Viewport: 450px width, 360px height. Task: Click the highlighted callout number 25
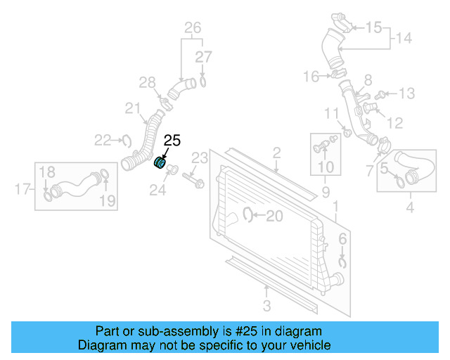click(172, 141)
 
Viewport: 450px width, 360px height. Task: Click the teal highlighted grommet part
click(160, 164)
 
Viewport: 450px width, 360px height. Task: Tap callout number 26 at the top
click(193, 28)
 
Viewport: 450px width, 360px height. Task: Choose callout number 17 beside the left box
click(22, 188)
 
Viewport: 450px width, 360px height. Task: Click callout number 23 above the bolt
click(200, 157)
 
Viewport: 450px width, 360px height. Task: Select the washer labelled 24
click(174, 171)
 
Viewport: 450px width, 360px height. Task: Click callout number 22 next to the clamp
click(103, 140)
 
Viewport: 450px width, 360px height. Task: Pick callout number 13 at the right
click(407, 94)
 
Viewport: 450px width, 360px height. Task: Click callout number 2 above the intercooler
click(277, 153)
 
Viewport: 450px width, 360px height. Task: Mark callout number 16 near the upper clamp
click(311, 76)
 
